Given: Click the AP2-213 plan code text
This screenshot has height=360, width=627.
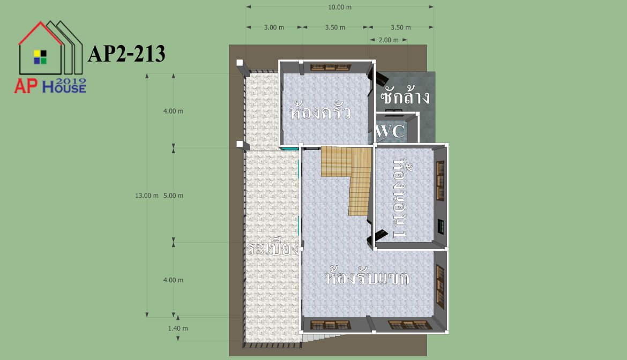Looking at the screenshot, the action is [x=126, y=54].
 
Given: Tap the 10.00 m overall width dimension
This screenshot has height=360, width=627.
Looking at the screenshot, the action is [x=340, y=7].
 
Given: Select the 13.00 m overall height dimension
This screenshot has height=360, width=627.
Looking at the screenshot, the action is [x=147, y=196].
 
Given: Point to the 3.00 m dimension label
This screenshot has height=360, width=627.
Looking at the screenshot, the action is [x=274, y=27].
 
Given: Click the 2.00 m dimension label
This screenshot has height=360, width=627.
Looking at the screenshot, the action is [x=389, y=40].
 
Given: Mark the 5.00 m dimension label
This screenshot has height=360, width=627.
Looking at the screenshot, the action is [x=173, y=196].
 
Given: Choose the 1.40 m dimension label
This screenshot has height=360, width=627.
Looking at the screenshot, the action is [x=178, y=328].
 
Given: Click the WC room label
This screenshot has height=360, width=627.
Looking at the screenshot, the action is [x=390, y=131].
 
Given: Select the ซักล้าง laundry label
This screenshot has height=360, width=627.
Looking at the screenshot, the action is [x=405, y=96].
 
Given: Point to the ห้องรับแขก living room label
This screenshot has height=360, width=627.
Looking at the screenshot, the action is [x=366, y=276].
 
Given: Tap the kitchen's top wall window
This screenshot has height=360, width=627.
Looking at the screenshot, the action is [x=330, y=67].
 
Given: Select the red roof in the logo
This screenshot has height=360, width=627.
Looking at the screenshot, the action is [x=40, y=32].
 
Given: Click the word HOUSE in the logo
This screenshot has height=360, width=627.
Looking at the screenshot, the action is [x=64, y=87].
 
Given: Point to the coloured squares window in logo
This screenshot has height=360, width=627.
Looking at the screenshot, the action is [x=40, y=57].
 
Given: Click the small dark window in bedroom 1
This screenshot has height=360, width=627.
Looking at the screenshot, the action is [x=441, y=227].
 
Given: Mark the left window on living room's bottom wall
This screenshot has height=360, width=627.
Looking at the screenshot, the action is [x=330, y=325].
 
